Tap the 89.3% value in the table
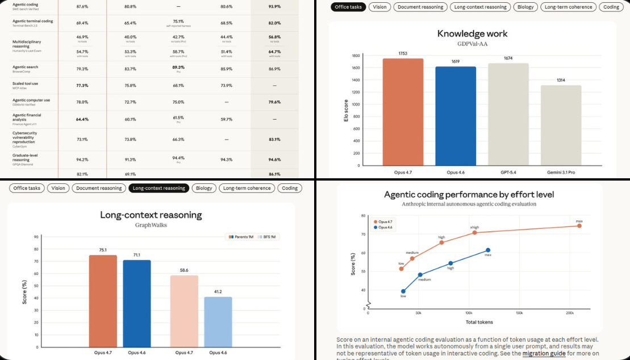click(x=178, y=67)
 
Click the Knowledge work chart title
click(x=472, y=34)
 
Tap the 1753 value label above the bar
click(x=403, y=53)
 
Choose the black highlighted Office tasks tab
click(x=348, y=7)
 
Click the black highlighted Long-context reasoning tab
click(x=158, y=188)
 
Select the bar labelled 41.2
click(x=218, y=321)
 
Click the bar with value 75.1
click(x=103, y=300)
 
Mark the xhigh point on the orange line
click(x=475, y=232)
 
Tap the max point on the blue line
click(x=487, y=250)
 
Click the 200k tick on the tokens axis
click(x=570, y=313)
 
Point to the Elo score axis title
click(x=346, y=110)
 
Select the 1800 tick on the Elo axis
click(x=356, y=56)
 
